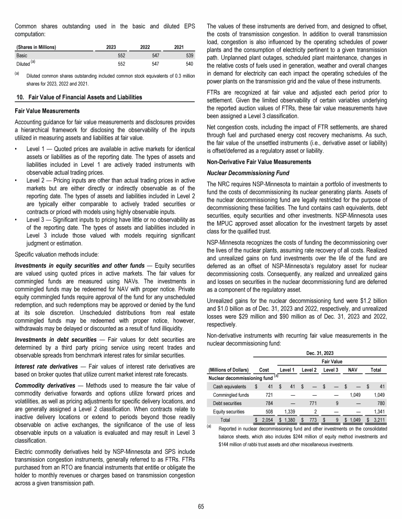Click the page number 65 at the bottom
coord(201,506)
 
